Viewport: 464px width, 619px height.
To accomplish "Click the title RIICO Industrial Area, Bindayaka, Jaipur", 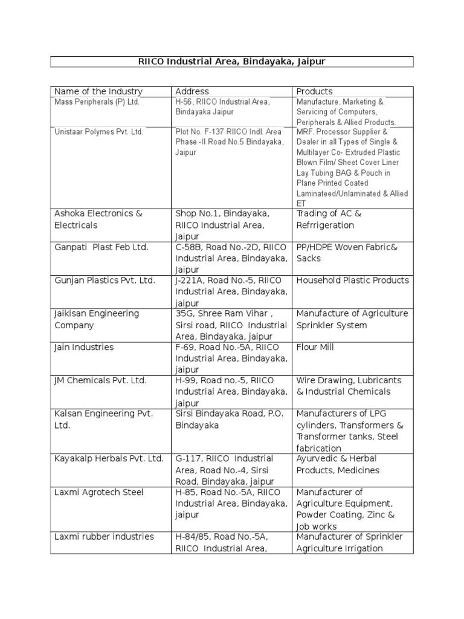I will pos(231,62).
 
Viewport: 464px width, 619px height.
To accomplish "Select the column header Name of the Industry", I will pos(98,91).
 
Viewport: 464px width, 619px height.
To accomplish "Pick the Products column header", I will pos(314,91).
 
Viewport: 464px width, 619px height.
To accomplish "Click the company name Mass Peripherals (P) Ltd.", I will pos(97,102).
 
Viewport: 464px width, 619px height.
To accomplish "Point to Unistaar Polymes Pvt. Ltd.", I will pos(99,132).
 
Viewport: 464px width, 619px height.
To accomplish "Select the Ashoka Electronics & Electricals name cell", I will pos(98,219).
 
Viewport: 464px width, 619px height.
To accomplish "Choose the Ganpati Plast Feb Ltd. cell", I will pos(101,247).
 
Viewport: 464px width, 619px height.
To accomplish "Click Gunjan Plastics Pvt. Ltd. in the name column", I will pos(105,280).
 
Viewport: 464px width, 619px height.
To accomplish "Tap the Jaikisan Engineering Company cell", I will pos(97,319).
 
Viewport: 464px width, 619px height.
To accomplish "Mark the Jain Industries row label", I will pos(84,348).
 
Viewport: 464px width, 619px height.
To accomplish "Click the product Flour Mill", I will pos(315,348).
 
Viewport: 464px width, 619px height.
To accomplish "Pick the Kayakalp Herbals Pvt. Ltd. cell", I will pos(109,459).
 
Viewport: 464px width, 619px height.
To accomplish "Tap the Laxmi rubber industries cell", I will pos(104,537).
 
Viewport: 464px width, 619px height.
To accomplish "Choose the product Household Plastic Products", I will pos(352,280).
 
